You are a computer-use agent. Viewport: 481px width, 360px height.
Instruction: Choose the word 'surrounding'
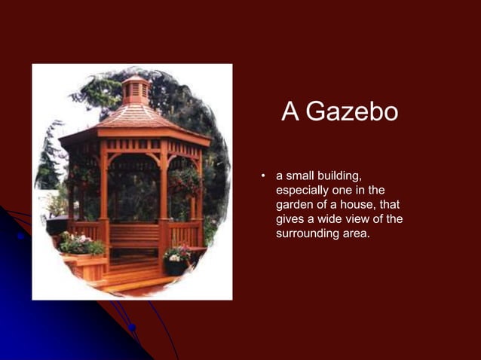(x=309, y=233)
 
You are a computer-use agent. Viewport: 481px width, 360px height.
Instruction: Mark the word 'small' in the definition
(x=300, y=176)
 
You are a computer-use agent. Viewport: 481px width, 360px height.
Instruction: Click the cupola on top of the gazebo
(x=135, y=90)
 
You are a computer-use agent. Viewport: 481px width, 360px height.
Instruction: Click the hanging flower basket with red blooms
(x=185, y=181)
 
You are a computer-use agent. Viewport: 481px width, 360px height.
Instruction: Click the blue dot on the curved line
(x=133, y=328)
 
